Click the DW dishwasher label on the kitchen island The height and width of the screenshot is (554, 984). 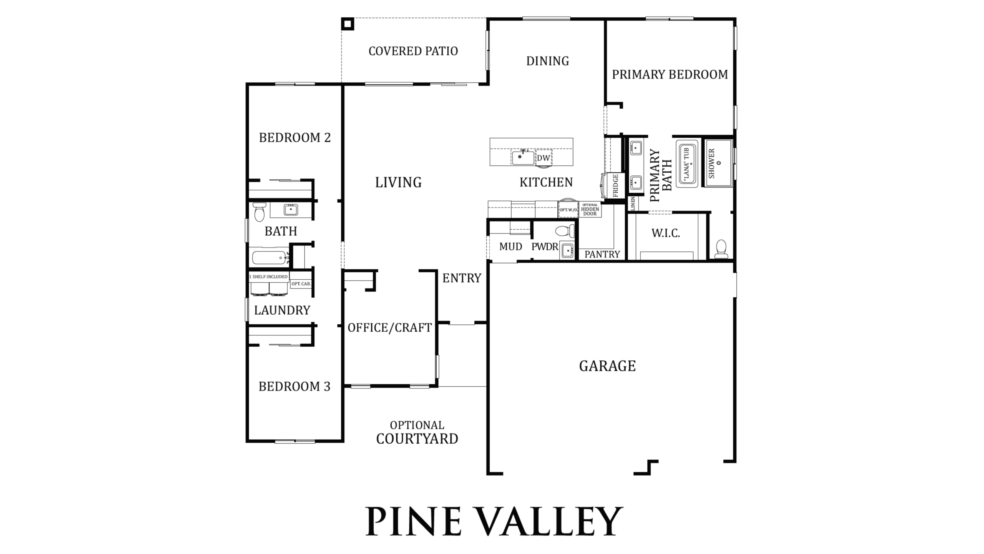coord(544,158)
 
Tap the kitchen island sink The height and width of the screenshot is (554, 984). coord(523,157)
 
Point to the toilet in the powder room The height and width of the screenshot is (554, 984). coord(565,231)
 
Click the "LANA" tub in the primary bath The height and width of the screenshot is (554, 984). coord(687,164)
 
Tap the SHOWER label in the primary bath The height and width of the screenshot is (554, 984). coord(711,164)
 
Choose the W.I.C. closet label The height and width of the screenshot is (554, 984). coord(666,233)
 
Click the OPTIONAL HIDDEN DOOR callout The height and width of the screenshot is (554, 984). coord(590,210)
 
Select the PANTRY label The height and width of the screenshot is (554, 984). coord(602,254)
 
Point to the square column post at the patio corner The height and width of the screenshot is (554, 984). coord(347,24)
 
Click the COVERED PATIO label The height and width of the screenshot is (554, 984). coord(413,51)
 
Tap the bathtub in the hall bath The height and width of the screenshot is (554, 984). coord(269,257)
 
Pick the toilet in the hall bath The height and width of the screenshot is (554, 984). coord(259,212)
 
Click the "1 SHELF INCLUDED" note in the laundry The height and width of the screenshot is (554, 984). coord(268,277)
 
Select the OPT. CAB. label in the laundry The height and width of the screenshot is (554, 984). coord(301,284)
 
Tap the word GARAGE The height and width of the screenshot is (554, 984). coord(607,366)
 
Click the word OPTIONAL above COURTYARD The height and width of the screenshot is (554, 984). coord(417,425)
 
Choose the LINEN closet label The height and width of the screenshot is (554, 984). coord(633,204)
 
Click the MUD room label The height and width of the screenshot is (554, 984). coord(510,247)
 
